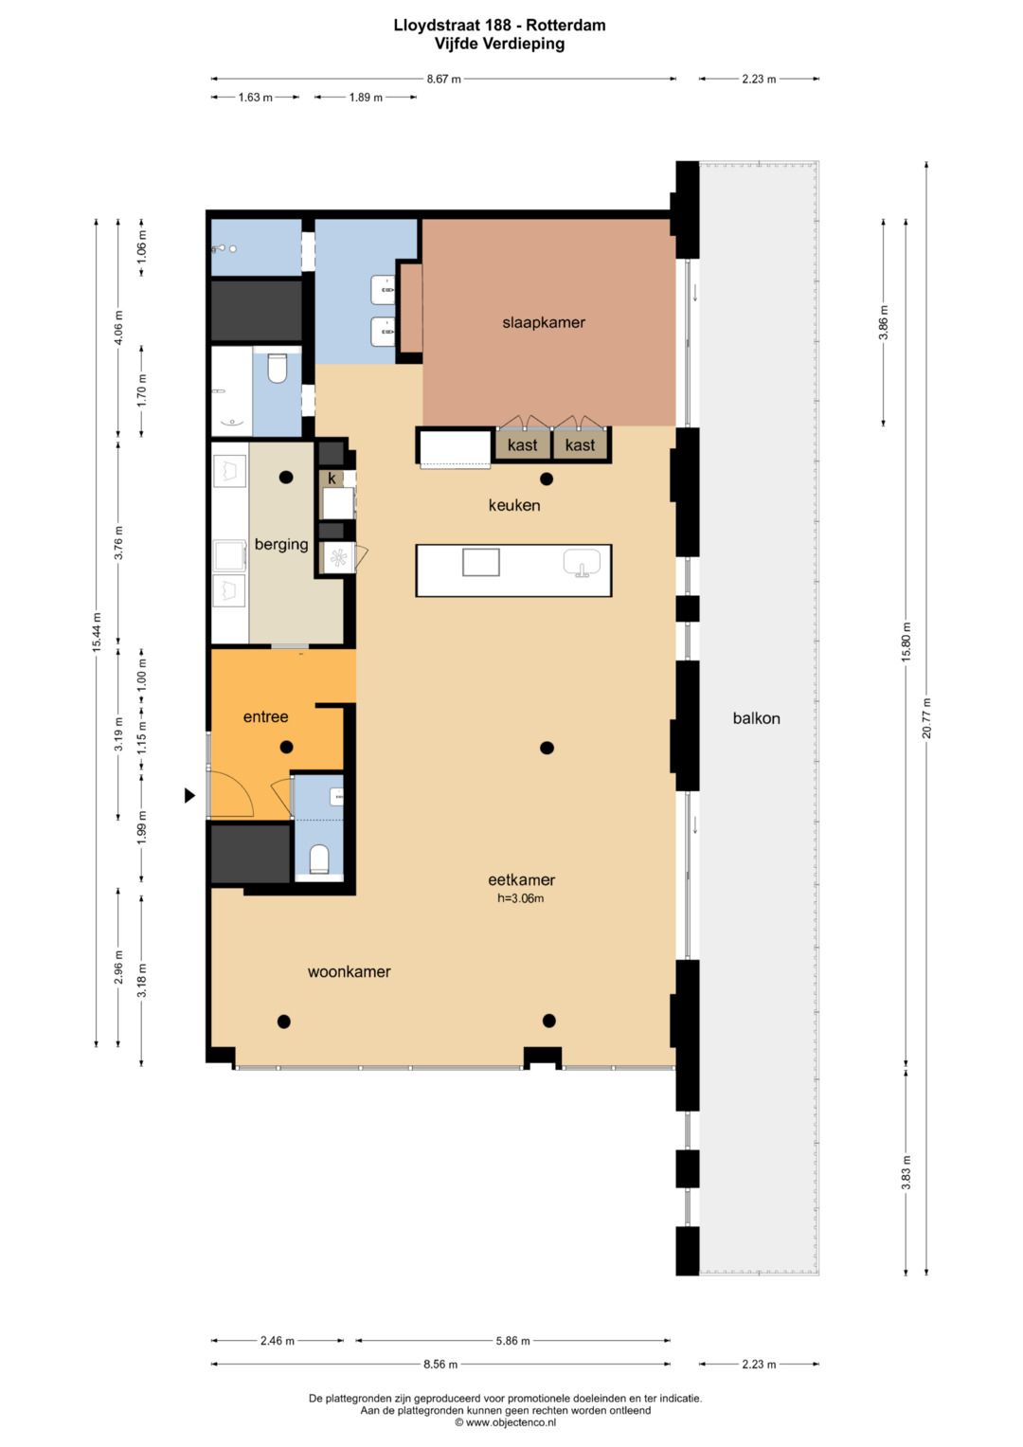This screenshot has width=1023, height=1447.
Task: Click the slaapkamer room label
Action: click(544, 322)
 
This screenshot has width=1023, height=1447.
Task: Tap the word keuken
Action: click(514, 505)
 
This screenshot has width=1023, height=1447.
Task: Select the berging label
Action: click(281, 545)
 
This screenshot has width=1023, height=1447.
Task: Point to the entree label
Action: click(265, 716)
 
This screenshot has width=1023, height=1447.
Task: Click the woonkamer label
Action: click(349, 971)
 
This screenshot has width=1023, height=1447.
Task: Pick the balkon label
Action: click(756, 718)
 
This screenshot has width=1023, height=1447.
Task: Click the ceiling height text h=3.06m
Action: click(521, 898)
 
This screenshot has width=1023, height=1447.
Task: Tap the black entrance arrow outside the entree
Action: click(189, 795)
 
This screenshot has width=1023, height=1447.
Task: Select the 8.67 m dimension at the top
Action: click(443, 80)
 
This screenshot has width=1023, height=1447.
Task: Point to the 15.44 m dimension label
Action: click(97, 632)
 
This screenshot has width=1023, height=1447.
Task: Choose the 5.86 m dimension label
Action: click(512, 1341)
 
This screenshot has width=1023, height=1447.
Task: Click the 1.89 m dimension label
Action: click(366, 98)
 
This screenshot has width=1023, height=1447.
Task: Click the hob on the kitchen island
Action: click(480, 562)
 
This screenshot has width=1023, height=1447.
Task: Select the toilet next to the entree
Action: click(319, 859)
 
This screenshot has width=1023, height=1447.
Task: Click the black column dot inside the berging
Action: click(286, 478)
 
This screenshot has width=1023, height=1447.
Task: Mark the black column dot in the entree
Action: click(287, 747)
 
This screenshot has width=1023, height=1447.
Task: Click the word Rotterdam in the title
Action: click(565, 26)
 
